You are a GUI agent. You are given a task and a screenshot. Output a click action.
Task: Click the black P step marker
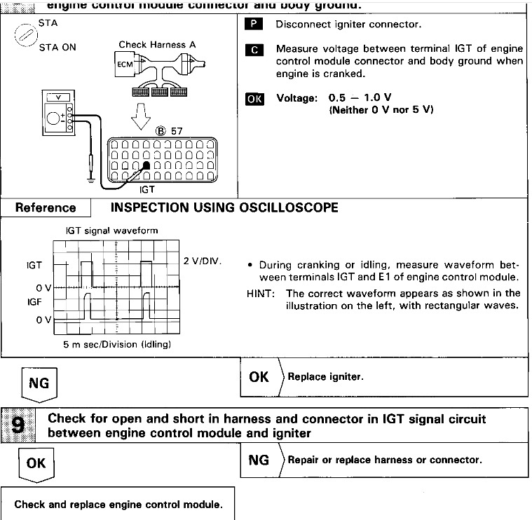[x=256, y=24]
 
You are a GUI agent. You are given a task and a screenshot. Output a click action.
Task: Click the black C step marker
[x=256, y=50]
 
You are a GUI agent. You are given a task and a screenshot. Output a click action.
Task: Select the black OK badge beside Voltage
[x=255, y=99]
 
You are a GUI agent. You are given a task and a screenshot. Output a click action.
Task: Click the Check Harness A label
[x=157, y=45]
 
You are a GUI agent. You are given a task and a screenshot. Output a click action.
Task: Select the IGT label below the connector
[x=146, y=189]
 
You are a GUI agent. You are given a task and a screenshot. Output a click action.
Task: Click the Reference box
[x=46, y=207]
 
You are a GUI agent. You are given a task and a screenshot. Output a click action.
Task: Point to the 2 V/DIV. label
[x=203, y=261]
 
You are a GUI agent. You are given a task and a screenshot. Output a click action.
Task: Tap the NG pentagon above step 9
[x=39, y=383]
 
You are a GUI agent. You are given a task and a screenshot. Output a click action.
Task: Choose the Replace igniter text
[x=325, y=377]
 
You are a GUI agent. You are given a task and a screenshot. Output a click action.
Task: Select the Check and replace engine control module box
[x=117, y=504]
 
